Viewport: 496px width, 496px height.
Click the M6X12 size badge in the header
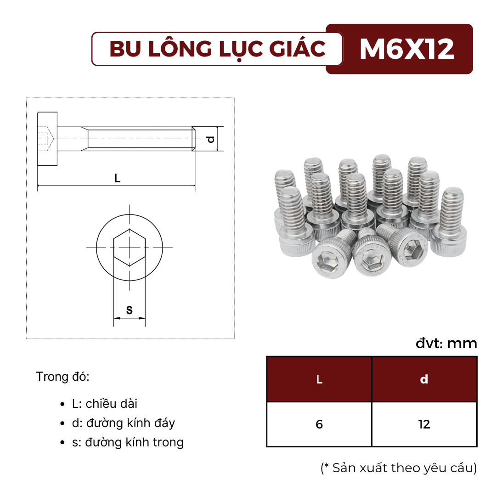(x=406, y=49)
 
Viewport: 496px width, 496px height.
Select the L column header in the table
(x=319, y=379)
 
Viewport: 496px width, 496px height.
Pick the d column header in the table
(x=424, y=379)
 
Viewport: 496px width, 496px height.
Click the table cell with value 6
(x=319, y=424)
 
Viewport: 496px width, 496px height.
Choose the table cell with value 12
(x=424, y=424)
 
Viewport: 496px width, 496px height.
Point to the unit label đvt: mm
(x=446, y=344)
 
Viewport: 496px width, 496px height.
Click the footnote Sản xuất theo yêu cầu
(x=399, y=468)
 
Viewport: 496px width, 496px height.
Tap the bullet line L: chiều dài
(x=104, y=404)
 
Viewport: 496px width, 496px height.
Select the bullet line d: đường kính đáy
(x=123, y=423)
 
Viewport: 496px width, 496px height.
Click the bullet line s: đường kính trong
(x=127, y=442)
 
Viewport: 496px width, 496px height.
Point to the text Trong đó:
(x=62, y=377)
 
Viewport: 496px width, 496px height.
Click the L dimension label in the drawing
(x=118, y=179)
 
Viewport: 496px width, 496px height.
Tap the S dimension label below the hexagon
(x=129, y=310)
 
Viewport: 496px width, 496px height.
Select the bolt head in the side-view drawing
(x=47, y=138)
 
